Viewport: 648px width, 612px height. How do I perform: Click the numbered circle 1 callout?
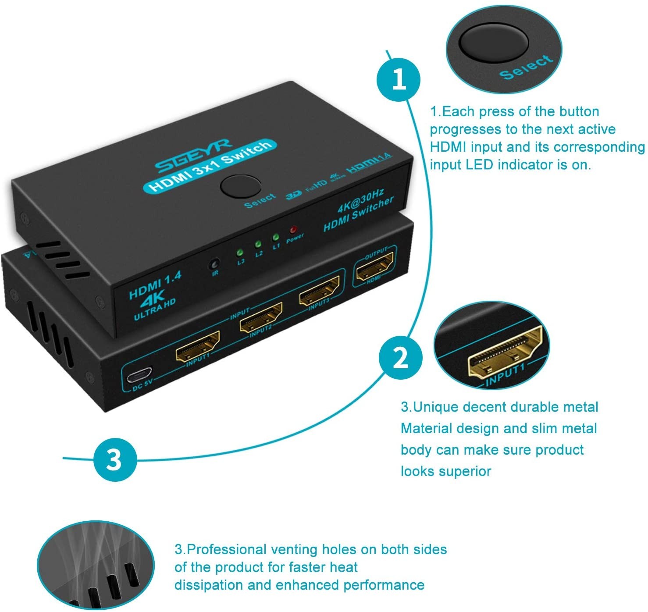tap(399, 80)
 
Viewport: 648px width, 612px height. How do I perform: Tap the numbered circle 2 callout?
tap(400, 357)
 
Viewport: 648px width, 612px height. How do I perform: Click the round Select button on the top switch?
tap(241, 186)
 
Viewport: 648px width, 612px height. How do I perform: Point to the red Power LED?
tap(293, 230)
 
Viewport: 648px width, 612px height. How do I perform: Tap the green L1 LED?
tap(275, 238)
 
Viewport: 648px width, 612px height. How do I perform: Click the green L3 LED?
tap(239, 253)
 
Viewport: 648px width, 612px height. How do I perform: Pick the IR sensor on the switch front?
tap(214, 265)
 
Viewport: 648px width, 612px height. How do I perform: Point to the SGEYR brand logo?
tap(193, 156)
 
